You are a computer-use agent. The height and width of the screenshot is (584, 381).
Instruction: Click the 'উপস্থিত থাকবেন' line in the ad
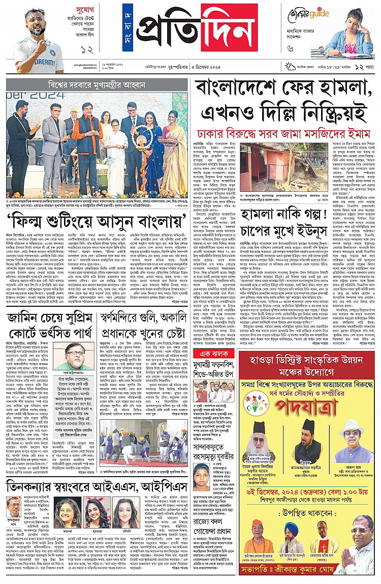click(309, 492)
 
